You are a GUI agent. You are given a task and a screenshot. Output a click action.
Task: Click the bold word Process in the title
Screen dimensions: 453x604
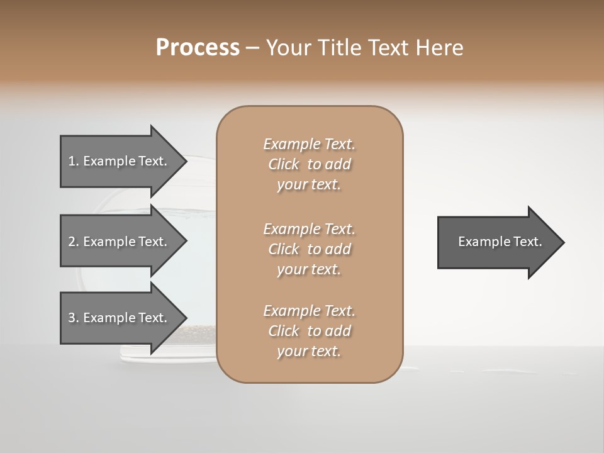[x=198, y=48]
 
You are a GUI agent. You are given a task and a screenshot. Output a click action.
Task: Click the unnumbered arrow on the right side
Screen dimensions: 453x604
[x=500, y=242]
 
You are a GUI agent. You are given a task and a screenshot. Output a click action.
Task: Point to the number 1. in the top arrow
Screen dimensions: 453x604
[x=74, y=161]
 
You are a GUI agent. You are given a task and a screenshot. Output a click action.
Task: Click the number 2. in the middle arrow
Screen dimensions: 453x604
[x=74, y=242]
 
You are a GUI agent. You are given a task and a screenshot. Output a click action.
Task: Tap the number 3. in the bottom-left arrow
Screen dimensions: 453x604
[x=74, y=318]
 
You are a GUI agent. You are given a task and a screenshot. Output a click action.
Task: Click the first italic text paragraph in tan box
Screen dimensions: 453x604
[x=309, y=164]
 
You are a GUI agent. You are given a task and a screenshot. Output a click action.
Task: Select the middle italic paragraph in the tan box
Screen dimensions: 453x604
[x=309, y=249]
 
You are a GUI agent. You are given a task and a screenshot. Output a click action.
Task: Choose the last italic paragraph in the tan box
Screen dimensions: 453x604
[x=309, y=331]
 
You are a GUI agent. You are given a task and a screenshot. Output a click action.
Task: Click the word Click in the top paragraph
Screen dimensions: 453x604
[x=284, y=164]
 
